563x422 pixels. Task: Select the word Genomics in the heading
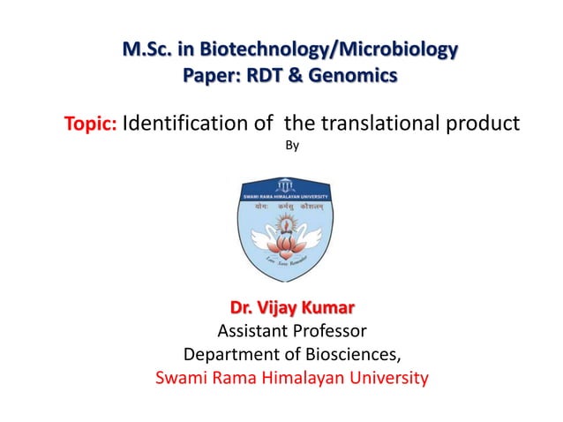[x=354, y=77]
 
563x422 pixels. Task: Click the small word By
[x=293, y=146]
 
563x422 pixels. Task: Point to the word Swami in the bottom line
[x=179, y=379]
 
